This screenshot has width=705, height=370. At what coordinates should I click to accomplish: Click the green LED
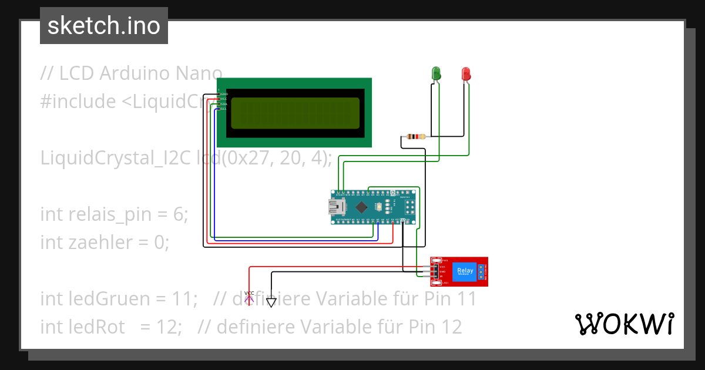437,73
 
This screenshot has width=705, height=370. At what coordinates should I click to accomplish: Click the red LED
466,73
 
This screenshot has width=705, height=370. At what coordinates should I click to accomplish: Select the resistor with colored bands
415,137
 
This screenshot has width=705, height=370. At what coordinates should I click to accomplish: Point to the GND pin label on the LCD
224,94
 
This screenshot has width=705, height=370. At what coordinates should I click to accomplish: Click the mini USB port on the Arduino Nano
337,206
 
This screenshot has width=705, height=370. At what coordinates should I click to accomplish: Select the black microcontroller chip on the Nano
362,207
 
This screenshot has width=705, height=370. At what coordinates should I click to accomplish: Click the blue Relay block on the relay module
464,271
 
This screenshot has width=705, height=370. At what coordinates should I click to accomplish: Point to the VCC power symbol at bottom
249,297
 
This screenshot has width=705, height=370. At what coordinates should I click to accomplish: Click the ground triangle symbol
271,302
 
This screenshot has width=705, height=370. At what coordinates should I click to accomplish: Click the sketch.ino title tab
104,26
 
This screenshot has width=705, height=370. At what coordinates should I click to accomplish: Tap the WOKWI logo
624,324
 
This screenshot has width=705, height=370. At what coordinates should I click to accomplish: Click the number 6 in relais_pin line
180,215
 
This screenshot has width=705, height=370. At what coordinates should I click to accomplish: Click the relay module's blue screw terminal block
481,271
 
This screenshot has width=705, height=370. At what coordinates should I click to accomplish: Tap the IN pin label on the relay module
441,276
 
